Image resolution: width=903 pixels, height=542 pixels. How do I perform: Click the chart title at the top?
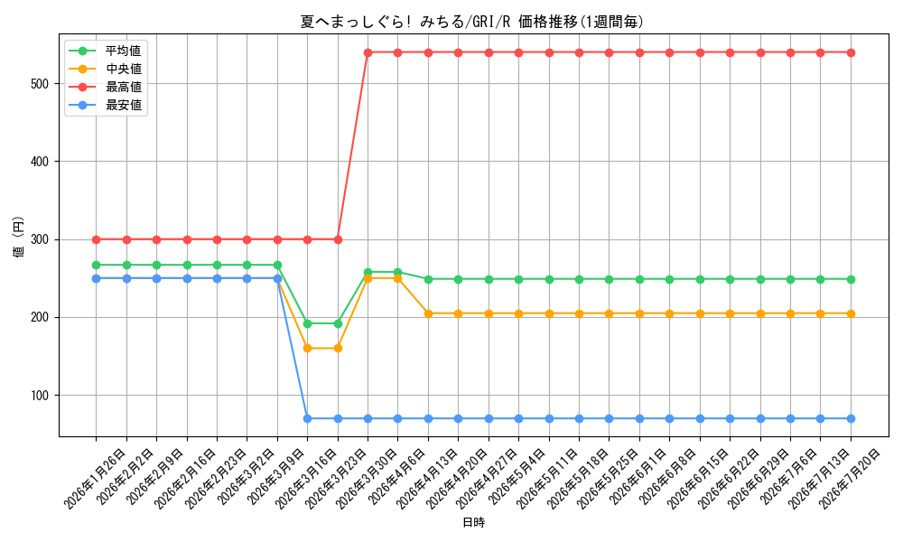click(x=471, y=22)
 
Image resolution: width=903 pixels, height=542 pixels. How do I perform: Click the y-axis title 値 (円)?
click(x=18, y=236)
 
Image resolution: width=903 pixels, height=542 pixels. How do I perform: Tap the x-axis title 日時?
click(x=473, y=522)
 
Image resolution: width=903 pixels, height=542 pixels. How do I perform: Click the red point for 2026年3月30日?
click(x=368, y=53)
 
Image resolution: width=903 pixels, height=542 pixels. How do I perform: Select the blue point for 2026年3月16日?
click(x=308, y=419)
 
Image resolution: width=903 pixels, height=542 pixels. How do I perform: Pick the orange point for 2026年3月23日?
click(x=338, y=349)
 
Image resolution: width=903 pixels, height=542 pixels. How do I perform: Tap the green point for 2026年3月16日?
click(x=308, y=323)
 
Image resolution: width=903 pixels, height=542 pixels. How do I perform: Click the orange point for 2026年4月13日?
click(x=428, y=314)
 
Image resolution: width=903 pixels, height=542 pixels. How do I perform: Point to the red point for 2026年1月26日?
click(x=97, y=239)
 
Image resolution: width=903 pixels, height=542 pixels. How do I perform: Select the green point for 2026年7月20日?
click(x=851, y=279)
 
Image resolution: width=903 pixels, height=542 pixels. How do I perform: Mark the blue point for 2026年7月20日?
click(x=851, y=419)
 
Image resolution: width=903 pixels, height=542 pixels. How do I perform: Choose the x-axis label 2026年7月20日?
click(x=850, y=480)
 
